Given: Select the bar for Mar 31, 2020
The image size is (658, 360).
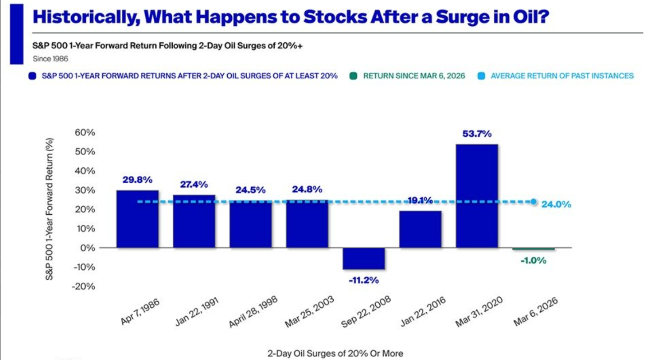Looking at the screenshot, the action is point(477,196).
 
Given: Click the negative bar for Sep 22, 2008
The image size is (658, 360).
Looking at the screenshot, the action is point(364,258).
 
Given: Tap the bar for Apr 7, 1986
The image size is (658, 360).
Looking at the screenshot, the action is point(138,219).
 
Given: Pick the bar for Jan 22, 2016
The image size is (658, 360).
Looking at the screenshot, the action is point(420,229).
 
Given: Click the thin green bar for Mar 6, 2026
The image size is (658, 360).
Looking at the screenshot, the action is point(534,249).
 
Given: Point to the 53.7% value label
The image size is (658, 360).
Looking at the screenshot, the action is point(477,134).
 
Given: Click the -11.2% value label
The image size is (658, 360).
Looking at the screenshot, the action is point(364,280).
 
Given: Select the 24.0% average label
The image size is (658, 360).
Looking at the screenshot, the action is point(556,204).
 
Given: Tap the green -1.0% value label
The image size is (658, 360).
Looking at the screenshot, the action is point(534,260).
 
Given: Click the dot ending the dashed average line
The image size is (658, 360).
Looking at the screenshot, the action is point(534,202).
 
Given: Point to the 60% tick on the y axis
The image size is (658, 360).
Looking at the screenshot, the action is point(85,133).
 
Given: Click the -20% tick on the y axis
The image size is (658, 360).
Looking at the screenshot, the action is point(83,286).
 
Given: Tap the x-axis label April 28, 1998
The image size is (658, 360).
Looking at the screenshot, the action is point(253,312).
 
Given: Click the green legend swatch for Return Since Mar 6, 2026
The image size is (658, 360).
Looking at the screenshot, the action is point(353,76).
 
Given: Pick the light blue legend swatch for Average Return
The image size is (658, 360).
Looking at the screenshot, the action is point(481,76).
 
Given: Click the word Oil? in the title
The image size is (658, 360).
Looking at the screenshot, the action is point(531,16).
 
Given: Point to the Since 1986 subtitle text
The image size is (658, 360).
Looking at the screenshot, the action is point(50,59).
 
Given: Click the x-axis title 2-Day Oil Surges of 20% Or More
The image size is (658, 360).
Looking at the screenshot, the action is point(335,353).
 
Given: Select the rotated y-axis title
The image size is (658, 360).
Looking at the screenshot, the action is point(49,209).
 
